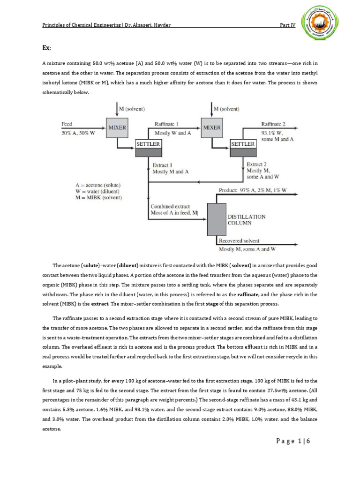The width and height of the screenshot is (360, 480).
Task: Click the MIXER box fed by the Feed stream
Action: pyautogui.click(x=117, y=127)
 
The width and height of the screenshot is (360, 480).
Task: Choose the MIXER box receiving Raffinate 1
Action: pyautogui.click(x=212, y=127)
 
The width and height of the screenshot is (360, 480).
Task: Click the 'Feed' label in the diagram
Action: pyautogui.click(x=67, y=124)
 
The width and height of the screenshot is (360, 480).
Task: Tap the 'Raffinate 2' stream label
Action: pyautogui.click(x=273, y=124)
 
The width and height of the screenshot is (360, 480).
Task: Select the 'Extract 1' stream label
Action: pyautogui.click(x=163, y=165)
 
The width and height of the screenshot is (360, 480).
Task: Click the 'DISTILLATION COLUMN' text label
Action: pyautogui.click(x=246, y=220)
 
